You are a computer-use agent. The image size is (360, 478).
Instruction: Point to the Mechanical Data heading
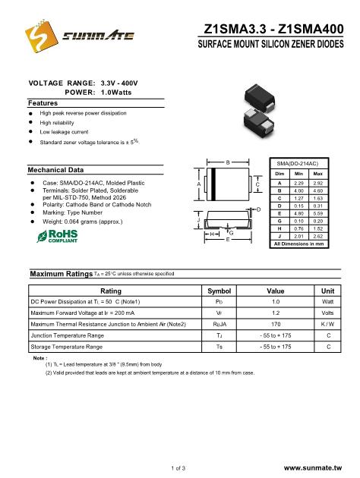tap(55, 169)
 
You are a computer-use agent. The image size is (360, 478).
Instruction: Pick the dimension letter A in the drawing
tap(198, 184)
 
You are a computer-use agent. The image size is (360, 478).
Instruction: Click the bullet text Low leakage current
tap(63, 131)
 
